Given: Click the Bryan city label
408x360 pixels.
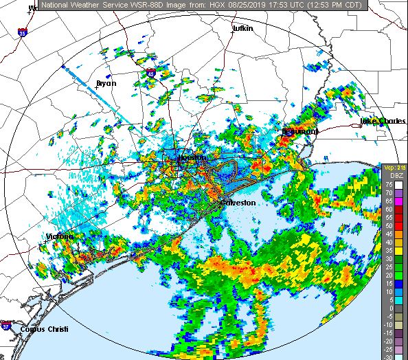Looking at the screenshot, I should pos(106,83).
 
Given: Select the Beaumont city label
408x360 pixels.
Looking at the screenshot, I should pos(299,131).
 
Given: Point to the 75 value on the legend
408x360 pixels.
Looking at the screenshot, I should pos(388,184).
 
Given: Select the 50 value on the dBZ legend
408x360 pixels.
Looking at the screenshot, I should pos(388,216).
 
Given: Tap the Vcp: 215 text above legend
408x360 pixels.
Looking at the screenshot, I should pos(394,168).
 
